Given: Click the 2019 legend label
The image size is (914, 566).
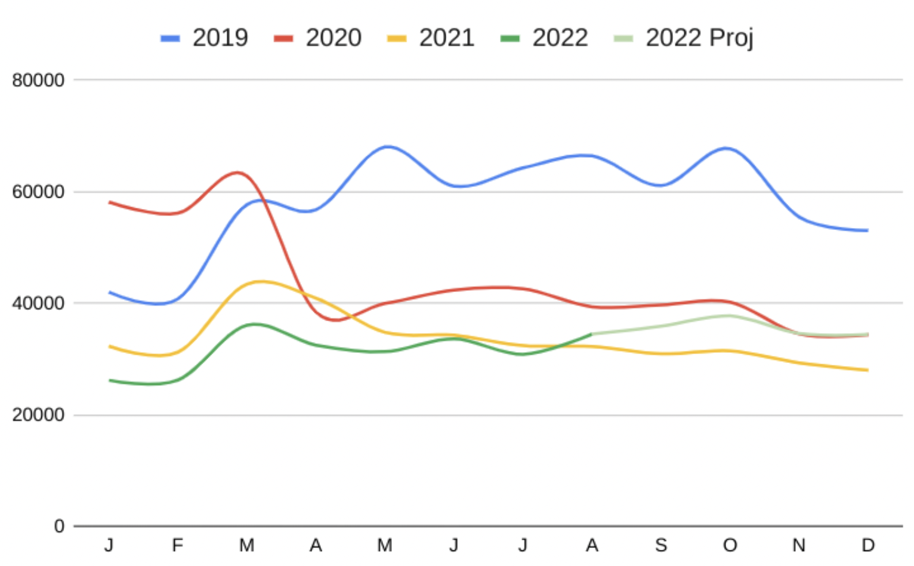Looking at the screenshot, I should tap(220, 38).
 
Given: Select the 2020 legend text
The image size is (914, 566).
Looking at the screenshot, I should tap(333, 38).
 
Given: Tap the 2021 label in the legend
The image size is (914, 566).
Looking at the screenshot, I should tap(446, 38).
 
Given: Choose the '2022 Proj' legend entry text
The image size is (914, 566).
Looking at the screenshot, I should tap(699, 38).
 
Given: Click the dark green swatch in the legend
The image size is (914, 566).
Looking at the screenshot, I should tap(510, 39).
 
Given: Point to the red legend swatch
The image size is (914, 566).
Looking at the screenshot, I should tap(283, 39).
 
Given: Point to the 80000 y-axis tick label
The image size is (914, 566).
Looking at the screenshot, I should tap(38, 80).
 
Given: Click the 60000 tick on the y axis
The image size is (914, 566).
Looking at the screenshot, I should tap(38, 192).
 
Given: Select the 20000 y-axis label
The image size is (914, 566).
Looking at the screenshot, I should tap(38, 415).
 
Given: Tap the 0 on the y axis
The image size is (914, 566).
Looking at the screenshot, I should tap(58, 526).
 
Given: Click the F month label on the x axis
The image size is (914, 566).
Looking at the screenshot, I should tap(177, 545).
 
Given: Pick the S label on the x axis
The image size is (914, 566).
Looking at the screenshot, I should tap(660, 545).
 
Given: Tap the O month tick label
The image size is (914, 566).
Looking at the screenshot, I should tap(730, 545).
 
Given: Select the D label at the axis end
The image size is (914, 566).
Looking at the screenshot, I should tap(867, 545).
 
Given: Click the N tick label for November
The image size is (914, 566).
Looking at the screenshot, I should tap(798, 545).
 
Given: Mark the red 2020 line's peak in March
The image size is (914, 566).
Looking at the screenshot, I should tap(238, 173).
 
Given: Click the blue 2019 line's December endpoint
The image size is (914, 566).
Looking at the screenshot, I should tap(867, 230).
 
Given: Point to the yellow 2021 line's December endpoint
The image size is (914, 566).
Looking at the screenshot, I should tap(867, 370).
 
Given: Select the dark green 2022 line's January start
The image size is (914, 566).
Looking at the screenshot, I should tap(110, 380).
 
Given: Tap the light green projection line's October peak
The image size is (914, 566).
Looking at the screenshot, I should tap(728, 315).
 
